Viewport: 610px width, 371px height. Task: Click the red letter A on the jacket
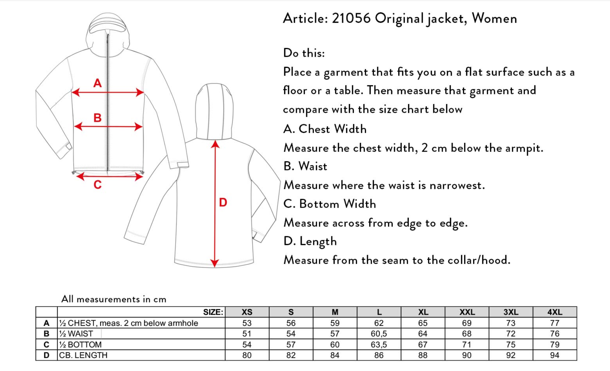(97, 83)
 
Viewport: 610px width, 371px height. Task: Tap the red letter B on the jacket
(97, 118)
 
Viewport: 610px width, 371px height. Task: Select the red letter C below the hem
(97, 184)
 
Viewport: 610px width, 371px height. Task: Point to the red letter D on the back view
(223, 202)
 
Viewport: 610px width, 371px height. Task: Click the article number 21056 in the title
(351, 18)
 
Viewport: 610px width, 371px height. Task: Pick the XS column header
(247, 312)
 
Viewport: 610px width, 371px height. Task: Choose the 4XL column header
(555, 312)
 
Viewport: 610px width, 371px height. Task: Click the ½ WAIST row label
(76, 334)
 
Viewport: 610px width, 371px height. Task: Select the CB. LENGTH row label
(83, 355)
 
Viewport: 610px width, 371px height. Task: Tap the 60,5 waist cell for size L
(379, 334)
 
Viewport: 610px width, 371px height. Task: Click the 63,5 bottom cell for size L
(379, 345)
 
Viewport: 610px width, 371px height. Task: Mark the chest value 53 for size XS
(247, 323)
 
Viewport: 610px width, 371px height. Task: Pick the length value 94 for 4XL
(555, 355)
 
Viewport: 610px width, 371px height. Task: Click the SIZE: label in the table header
(213, 312)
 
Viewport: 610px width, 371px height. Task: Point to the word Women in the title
(494, 18)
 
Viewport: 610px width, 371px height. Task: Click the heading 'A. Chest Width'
(325, 129)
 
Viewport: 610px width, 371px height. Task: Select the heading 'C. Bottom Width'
(330, 204)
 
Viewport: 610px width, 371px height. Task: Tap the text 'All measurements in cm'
(114, 299)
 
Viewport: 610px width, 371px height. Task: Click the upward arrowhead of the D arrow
(215, 144)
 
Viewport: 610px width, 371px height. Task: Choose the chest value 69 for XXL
(467, 323)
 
